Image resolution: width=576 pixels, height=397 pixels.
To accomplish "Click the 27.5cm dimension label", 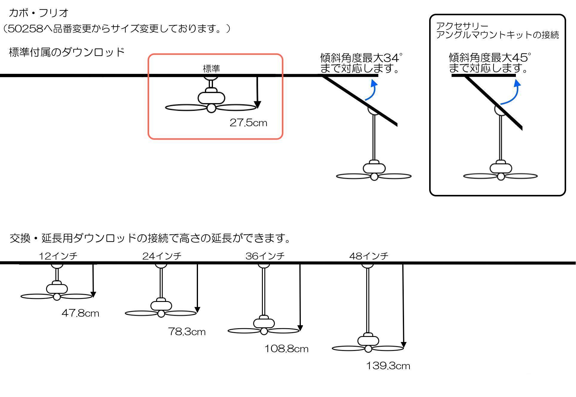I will tap(248, 123).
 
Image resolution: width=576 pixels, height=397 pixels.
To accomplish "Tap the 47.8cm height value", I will tap(80, 313).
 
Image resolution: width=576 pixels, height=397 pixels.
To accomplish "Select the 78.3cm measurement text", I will tap(187, 332).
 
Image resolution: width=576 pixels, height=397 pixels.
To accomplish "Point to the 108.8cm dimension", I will tap(286, 349).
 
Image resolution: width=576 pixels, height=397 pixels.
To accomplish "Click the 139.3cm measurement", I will tap(388, 366).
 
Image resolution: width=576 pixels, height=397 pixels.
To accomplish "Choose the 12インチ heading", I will tap(58, 256).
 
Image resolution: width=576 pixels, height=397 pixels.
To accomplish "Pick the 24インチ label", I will tap(162, 256).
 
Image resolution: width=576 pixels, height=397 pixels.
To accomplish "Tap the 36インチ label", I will tap(265, 256).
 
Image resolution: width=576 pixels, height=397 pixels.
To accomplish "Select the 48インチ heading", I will tap(369, 256).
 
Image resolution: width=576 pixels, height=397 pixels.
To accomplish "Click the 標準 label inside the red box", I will tap(211, 69).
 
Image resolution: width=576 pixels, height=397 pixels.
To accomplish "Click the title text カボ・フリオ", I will tap(39, 13).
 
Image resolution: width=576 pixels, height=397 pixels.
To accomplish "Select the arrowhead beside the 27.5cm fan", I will tap(257, 105).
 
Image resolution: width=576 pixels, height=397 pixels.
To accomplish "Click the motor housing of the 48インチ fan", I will tap(368, 340).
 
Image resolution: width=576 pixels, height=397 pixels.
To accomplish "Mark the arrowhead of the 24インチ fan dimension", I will tap(197, 310).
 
